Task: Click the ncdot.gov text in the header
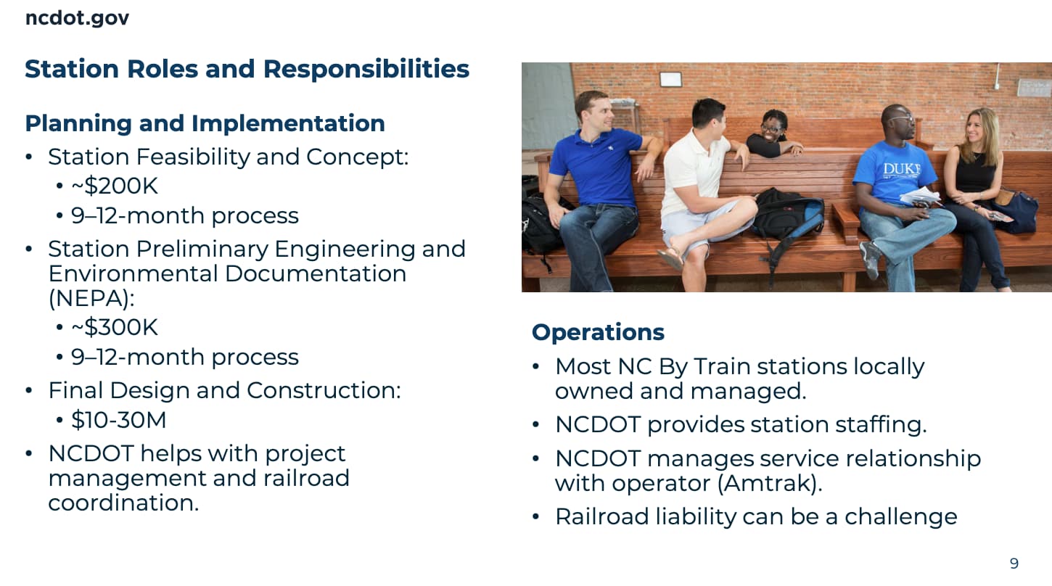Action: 77,18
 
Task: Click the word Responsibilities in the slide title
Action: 366,69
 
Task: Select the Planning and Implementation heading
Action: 205,123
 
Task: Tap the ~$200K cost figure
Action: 115,186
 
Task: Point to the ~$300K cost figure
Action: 115,327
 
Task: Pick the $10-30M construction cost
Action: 118,420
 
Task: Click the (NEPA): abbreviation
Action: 91,298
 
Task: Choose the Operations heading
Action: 598,332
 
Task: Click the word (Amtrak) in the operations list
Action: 770,483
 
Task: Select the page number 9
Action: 1014,563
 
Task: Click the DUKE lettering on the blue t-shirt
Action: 902,168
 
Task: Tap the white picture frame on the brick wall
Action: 670,79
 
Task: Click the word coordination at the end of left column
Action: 123,503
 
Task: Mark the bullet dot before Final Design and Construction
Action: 29,391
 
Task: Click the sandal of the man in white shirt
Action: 670,259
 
